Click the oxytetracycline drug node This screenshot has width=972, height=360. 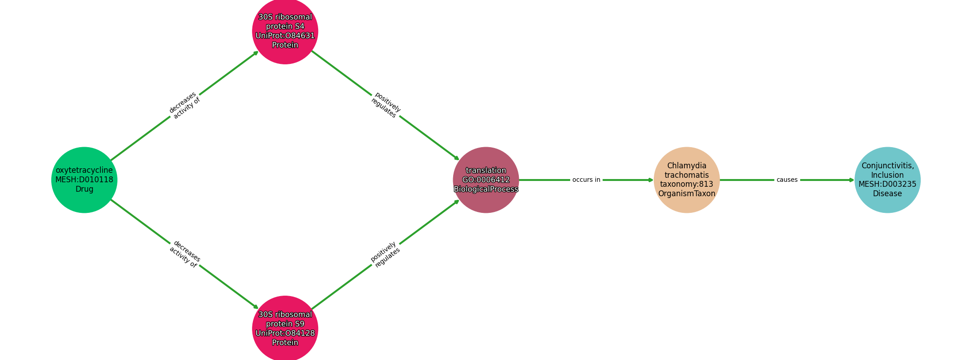coord(84,180)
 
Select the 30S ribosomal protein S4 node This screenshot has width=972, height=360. coord(285,31)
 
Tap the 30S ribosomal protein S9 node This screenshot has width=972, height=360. coord(285,328)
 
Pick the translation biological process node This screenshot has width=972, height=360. coord(486,180)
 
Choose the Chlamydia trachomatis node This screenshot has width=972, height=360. coord(687,180)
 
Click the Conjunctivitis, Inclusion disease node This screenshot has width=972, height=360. coord(887,180)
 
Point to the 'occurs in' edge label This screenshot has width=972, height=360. coord(586,180)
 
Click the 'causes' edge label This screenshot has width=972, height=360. coord(787,180)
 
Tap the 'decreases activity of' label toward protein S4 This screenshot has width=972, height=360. coord(184,106)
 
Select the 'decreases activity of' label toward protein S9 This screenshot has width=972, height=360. coord(184,254)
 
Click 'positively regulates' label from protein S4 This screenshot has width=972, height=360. coord(386,106)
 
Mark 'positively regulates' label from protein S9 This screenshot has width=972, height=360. coord(386,254)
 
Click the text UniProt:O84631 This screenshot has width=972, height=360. coord(285,36)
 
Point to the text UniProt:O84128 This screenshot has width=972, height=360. coord(285,333)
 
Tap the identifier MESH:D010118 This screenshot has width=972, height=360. coord(84,180)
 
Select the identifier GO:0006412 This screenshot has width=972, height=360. coord(486,180)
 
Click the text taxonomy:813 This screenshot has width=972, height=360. coord(687,184)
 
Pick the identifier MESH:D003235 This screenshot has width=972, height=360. coord(887,184)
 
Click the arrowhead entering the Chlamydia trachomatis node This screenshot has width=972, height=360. coord(651,180)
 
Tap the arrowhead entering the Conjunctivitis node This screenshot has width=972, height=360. coord(851,180)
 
